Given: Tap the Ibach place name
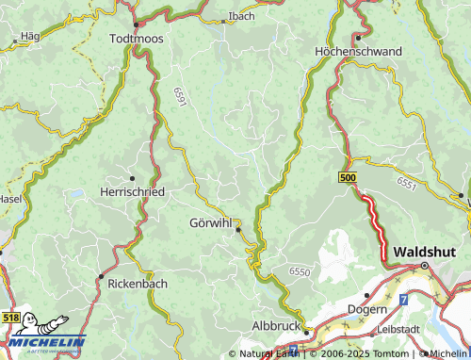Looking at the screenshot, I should pyautogui.click(x=241, y=16).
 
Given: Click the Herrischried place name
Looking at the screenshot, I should pyautogui.click(x=132, y=191).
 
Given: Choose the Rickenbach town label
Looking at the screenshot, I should pyautogui.click(x=138, y=283).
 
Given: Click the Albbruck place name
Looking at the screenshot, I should pyautogui.click(x=277, y=325).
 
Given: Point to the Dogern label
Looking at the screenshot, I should pyautogui.click(x=367, y=309).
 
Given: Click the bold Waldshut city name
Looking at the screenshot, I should pyautogui.click(x=424, y=252).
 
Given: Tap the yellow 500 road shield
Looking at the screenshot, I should pyautogui.click(x=347, y=177).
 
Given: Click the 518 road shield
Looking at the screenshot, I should pyautogui.click(x=10, y=320).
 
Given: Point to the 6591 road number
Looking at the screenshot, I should pyautogui.click(x=180, y=96).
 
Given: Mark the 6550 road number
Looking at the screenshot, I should pyautogui.click(x=299, y=271).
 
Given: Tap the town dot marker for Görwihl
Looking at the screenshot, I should pyautogui.click(x=238, y=229).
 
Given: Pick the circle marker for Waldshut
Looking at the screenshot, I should pyautogui.click(x=424, y=266).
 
